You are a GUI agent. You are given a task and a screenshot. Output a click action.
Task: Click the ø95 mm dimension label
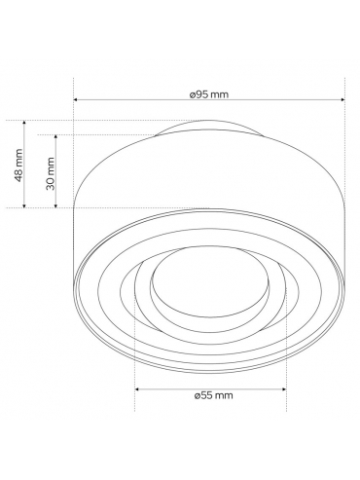(x=209, y=94)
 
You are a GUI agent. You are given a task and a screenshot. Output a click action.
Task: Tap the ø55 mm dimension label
(x=214, y=395)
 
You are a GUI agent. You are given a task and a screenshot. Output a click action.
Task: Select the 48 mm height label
(x=18, y=166)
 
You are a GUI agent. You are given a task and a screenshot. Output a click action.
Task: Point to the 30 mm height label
(x=51, y=173)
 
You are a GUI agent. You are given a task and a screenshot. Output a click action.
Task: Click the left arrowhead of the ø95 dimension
(x=75, y=99)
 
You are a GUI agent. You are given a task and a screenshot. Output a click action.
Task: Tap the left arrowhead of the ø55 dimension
(x=137, y=388)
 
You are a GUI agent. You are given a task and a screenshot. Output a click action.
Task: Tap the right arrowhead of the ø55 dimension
(x=284, y=388)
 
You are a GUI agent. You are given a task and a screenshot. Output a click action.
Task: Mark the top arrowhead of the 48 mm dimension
(x=23, y=123)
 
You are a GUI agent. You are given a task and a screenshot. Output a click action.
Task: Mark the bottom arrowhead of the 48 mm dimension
(x=23, y=205)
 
